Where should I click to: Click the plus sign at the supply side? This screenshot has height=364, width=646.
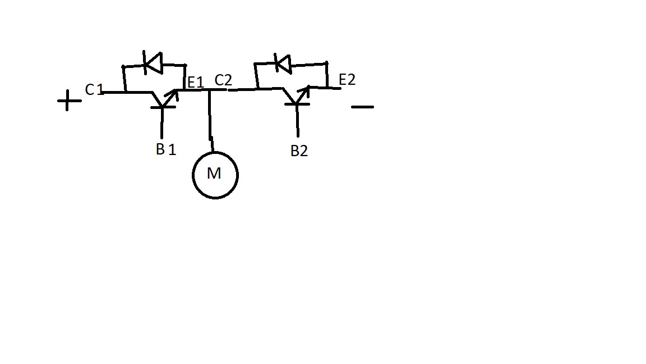point(69,101)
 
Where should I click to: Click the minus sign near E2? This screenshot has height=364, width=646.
point(363,107)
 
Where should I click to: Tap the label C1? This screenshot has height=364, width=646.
point(94,89)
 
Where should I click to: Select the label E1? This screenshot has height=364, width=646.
point(196,83)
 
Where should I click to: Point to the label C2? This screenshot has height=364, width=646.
point(223,80)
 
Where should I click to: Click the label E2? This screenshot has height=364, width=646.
point(347,80)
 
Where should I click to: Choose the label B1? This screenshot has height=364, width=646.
point(166,149)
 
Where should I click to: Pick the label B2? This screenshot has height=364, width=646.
point(299,151)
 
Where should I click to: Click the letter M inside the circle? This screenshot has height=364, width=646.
point(214,174)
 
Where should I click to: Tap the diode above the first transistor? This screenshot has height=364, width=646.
point(153,63)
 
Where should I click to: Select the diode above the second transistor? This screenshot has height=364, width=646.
point(283,63)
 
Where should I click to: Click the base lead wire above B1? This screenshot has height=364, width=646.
point(162,122)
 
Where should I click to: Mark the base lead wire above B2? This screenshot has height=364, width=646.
point(297,121)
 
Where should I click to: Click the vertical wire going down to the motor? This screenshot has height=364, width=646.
point(210,121)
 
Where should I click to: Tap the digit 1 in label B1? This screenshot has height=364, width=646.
point(172,149)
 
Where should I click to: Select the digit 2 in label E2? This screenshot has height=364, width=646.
point(351,80)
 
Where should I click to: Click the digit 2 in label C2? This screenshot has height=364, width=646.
point(228,80)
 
